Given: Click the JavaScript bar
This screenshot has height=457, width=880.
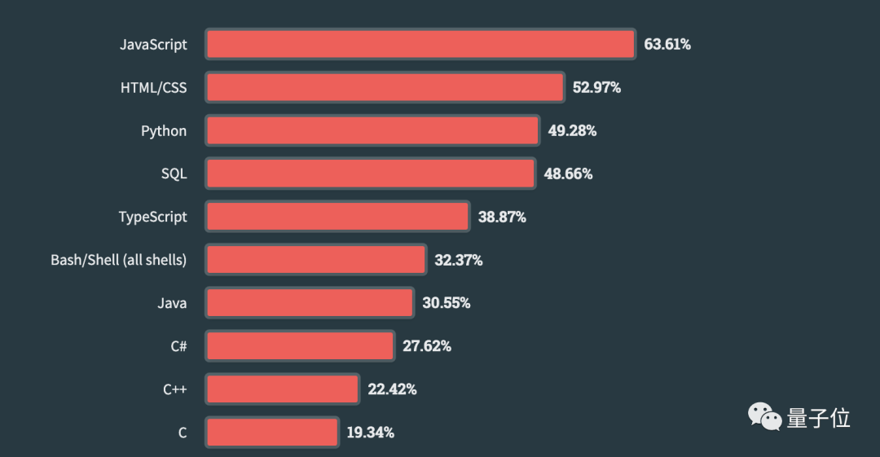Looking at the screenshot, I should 420,44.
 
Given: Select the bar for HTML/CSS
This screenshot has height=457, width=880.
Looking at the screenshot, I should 385,87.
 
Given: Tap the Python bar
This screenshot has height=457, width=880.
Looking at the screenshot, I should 372,130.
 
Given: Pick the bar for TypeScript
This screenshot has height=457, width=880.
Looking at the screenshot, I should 337,217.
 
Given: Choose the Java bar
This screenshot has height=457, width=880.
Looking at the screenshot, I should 310,303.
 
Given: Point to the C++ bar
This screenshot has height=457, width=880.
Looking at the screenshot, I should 282,389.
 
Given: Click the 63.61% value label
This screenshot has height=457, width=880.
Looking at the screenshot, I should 667,44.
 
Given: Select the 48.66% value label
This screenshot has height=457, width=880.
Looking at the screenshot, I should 568,174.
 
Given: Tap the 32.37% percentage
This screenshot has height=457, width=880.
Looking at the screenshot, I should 458,260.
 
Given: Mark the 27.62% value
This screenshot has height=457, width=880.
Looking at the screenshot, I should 427,346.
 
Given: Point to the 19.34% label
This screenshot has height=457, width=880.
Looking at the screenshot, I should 371,433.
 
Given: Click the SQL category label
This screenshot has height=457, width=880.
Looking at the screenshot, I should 174,174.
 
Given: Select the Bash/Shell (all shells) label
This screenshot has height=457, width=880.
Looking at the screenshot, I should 119,260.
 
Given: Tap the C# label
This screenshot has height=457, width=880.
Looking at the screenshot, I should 178,346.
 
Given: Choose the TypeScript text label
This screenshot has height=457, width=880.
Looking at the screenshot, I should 152,217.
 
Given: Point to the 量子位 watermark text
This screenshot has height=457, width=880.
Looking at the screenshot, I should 818,418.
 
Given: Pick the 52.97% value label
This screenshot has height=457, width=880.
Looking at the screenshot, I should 596,87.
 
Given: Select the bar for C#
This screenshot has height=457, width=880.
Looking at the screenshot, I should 300,346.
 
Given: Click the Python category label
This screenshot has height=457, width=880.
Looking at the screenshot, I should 164,130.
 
